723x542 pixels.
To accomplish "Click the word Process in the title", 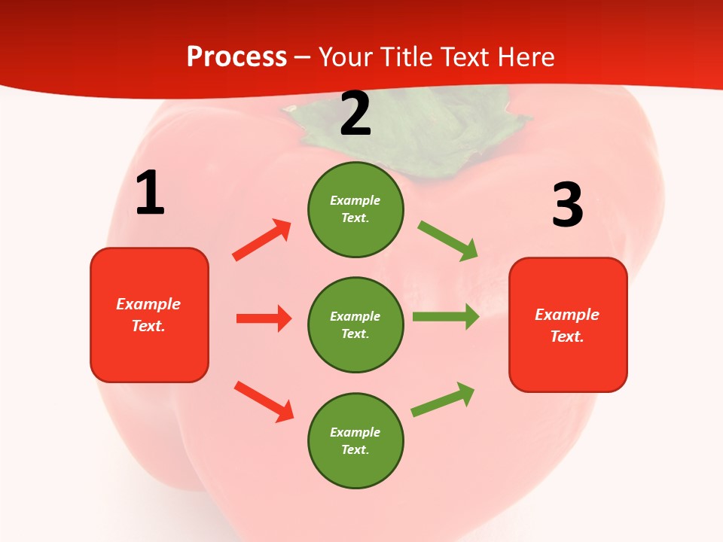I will tap(236, 57).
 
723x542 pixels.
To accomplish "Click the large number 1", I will tap(150, 193).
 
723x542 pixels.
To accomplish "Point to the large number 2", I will tap(355, 114).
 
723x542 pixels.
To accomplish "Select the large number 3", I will tap(568, 206).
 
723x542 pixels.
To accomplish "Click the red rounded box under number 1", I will tap(149, 315).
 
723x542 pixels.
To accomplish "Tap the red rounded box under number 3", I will tap(568, 324).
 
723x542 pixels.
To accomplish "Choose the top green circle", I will tap(355, 209).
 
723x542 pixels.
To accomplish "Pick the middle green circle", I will tap(355, 324).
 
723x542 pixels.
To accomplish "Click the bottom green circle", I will tap(355, 440).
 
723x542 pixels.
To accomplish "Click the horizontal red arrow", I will tap(264, 318).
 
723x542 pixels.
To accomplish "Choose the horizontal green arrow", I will tap(446, 316).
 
